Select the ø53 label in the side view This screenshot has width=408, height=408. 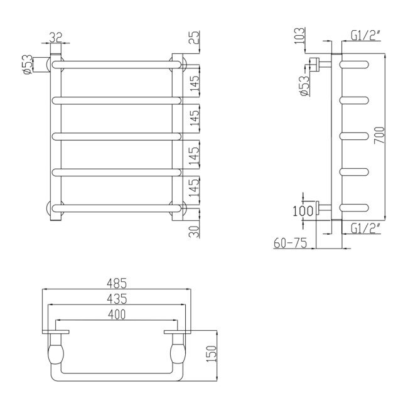tap(304, 84)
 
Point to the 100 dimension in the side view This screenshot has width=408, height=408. tap(301, 210)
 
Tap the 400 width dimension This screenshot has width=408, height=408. tap(116, 314)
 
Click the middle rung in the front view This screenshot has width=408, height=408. tap(116, 136)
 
